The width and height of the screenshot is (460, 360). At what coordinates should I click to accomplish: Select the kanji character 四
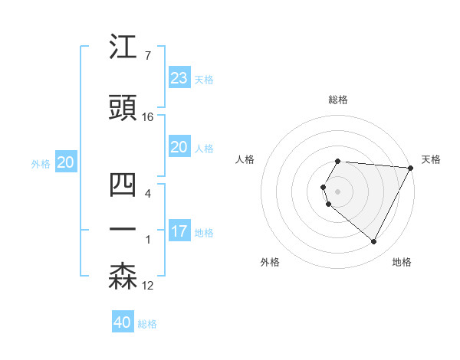[123, 186]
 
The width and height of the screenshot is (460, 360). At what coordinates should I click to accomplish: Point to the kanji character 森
[123, 277]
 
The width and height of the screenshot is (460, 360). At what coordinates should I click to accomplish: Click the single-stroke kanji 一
[123, 229]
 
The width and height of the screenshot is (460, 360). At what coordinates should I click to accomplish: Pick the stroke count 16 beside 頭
[148, 117]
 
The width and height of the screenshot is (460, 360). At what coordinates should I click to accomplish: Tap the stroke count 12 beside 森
[148, 286]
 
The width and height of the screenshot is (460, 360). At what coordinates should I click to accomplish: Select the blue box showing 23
[179, 78]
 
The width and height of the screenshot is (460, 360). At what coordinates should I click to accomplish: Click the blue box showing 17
[179, 231]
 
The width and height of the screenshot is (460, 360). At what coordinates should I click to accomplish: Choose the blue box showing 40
[123, 322]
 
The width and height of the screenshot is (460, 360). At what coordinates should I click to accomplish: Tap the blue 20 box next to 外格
[65, 162]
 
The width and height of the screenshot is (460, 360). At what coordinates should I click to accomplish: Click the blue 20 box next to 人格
[179, 147]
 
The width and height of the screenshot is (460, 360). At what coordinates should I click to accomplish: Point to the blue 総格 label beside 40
[148, 324]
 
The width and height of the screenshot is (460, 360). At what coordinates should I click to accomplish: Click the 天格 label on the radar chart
[431, 159]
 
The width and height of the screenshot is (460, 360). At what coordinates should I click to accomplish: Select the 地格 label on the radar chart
[402, 262]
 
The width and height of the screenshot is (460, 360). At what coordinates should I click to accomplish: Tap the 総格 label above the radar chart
[338, 100]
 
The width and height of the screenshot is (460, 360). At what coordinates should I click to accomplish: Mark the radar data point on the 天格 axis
[411, 168]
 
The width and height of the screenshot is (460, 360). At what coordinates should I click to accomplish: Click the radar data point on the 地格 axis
[374, 241]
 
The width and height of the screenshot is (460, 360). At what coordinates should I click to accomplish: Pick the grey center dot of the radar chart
[338, 191]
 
